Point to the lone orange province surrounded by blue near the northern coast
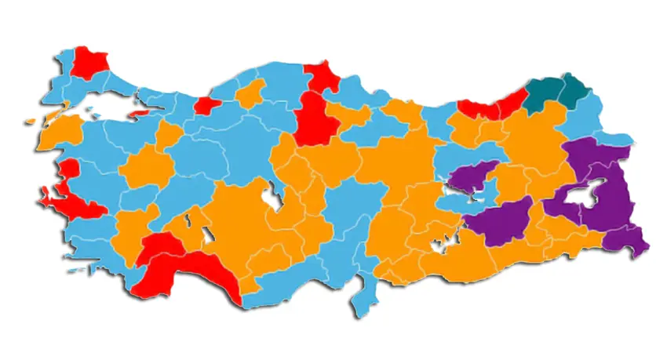(251, 95)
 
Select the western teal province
(541, 95)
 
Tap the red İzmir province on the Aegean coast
(75, 204)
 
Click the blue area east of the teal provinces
(585, 118)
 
